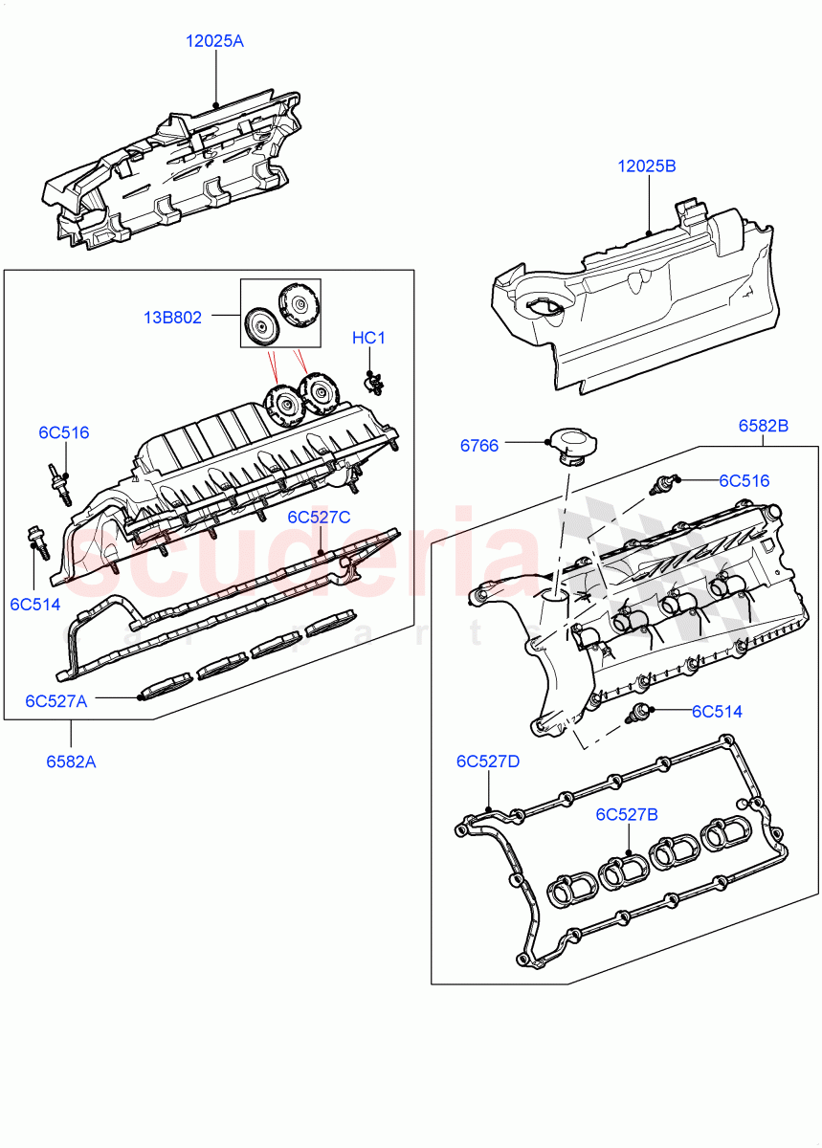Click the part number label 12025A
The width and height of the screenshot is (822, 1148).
pyautogui.click(x=215, y=41)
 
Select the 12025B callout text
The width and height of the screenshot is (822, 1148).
pyautogui.click(x=647, y=166)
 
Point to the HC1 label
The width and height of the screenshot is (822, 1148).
pyautogui.click(x=368, y=338)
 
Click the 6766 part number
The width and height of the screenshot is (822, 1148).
pyautogui.click(x=479, y=445)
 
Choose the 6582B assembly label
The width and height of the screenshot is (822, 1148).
pyautogui.click(x=763, y=426)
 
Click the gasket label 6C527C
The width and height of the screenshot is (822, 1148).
pyautogui.click(x=320, y=517)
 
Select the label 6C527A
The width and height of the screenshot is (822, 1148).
pyautogui.click(x=56, y=700)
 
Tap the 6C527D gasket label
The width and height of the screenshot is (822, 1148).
pyautogui.click(x=488, y=762)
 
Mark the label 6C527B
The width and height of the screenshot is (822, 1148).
pyautogui.click(x=627, y=814)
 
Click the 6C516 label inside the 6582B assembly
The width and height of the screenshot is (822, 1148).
pyautogui.click(x=744, y=480)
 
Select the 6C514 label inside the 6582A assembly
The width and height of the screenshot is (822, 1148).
pyautogui.click(x=35, y=604)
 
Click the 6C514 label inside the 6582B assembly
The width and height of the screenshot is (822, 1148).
pyautogui.click(x=718, y=711)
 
